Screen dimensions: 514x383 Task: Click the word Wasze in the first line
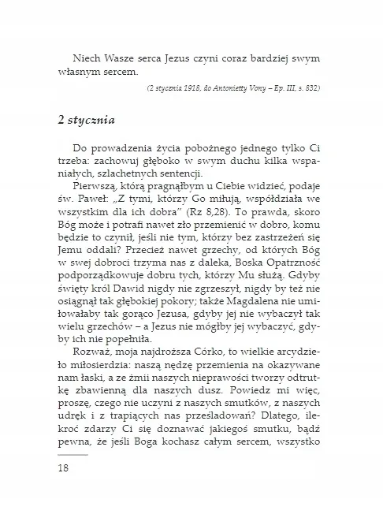tap(118, 58)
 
